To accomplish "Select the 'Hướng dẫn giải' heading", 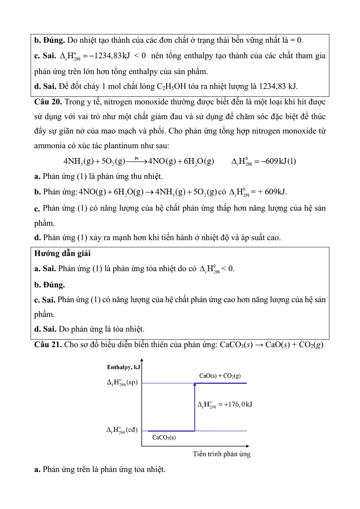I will [x=62, y=253].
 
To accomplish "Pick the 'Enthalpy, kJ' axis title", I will [x=123, y=367].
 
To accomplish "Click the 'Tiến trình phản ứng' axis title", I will [x=222, y=454].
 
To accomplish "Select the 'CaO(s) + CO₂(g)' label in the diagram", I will [x=220, y=376].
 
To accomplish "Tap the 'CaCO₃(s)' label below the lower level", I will [x=164, y=438].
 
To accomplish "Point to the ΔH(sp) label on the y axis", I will [x=122, y=382].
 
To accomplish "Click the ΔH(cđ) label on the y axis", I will [x=122, y=430].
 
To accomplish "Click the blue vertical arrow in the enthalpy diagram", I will [x=195, y=407].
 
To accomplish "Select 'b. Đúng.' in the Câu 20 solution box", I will [x=50, y=285].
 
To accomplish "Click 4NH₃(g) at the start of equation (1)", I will [x=78, y=161].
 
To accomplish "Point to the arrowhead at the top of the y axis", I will [x=142, y=360].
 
